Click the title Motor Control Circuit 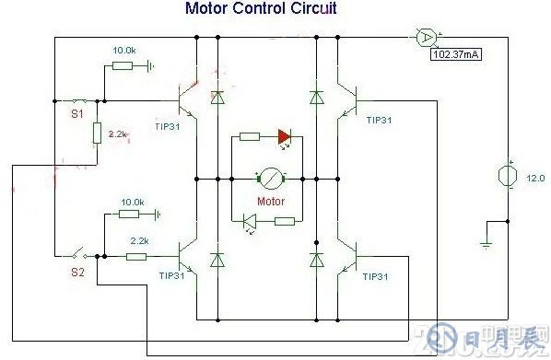(262, 9)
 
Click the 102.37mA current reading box (458, 54)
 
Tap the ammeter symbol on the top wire (426, 38)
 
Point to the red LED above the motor (284, 137)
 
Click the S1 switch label (77, 116)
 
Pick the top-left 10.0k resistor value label (125, 50)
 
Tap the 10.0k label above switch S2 (134, 202)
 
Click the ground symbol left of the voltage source (486, 245)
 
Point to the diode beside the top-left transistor (217, 96)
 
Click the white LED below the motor (250, 220)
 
